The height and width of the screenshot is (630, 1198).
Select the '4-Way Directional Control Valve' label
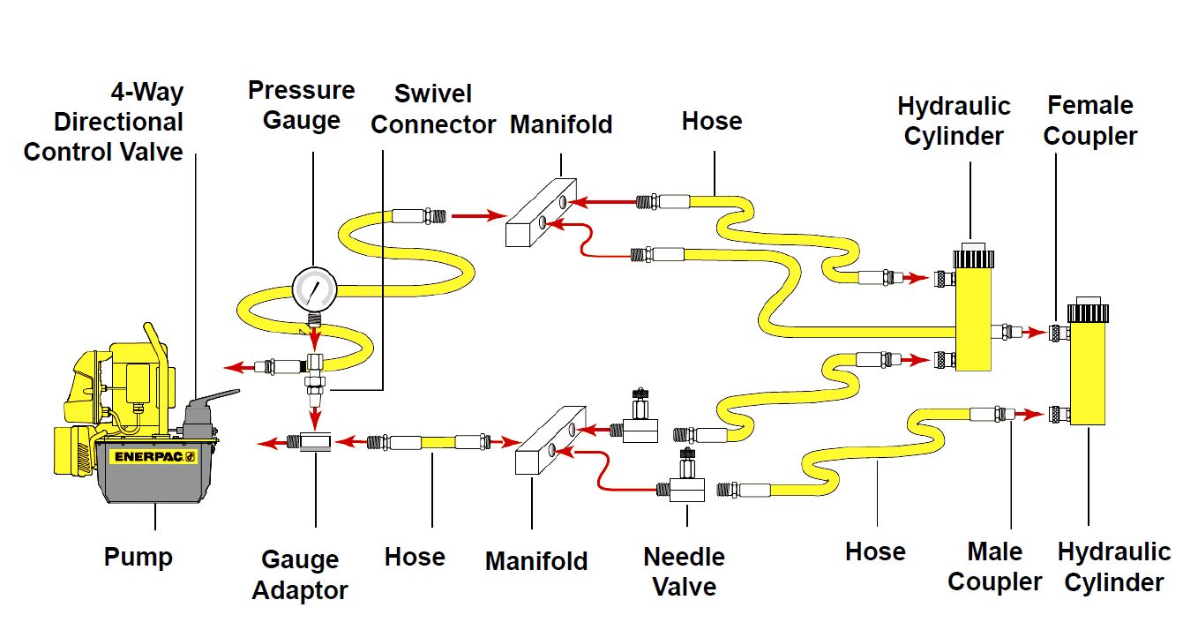(103, 122)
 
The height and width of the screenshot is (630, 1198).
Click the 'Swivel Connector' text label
(432, 109)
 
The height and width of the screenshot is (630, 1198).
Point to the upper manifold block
(541, 212)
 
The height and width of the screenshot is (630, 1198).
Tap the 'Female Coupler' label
(1091, 121)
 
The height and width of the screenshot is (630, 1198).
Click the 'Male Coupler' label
(994, 566)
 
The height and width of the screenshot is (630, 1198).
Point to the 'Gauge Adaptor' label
(300, 574)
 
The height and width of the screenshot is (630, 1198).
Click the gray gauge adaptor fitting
(315, 440)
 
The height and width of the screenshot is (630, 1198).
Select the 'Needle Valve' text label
(684, 571)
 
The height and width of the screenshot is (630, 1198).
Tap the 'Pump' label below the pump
(139, 558)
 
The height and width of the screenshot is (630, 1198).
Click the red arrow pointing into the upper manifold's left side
(477, 214)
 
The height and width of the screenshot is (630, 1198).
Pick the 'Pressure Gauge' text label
(301, 104)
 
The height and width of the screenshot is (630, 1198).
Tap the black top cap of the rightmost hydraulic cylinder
(1087, 313)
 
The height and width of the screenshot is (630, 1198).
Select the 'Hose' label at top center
(711, 121)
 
